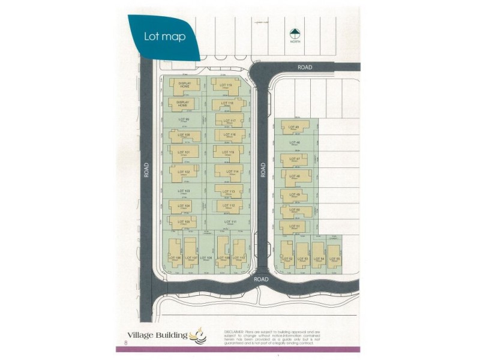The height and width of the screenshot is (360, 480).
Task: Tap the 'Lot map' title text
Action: (164, 36)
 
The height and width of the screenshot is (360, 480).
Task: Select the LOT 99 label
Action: (184, 119)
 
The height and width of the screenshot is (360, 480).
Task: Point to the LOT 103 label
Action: (184, 191)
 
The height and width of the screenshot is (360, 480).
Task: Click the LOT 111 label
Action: (230, 221)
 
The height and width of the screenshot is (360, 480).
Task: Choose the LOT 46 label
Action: (294, 142)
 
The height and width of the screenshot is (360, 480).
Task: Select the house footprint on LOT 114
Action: (229, 173)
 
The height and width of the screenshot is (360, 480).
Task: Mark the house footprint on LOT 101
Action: (184, 153)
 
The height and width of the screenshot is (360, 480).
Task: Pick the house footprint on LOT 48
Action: (296, 177)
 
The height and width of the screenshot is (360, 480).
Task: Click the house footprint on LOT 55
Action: (334, 255)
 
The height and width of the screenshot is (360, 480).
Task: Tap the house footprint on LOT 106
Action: (175, 252)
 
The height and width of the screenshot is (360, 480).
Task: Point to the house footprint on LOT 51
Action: (293, 227)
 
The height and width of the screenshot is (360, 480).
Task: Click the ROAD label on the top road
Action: (304, 68)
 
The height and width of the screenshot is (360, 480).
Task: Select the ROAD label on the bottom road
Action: (260, 280)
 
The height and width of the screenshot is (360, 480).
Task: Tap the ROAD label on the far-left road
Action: (146, 170)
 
